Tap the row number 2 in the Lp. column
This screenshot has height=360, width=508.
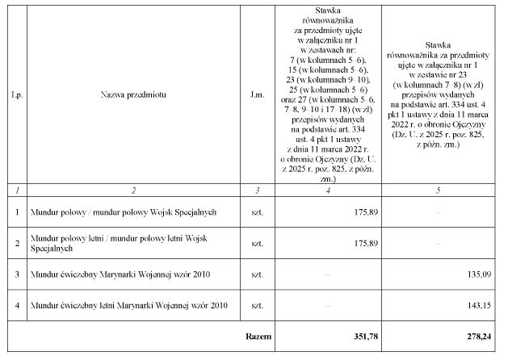(17, 243)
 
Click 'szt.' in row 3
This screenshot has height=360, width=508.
(257, 274)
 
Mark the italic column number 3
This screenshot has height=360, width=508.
(257, 190)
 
